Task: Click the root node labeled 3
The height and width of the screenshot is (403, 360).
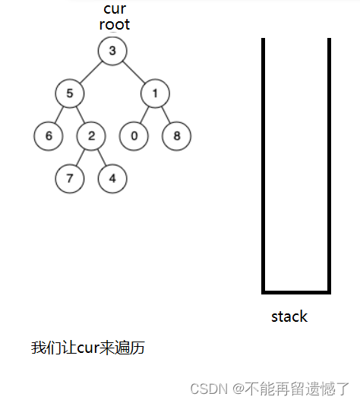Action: click(112, 51)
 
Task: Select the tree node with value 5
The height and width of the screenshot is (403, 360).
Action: click(70, 93)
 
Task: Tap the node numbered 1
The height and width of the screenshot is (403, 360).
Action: click(155, 93)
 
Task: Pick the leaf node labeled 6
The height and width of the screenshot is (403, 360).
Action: click(49, 136)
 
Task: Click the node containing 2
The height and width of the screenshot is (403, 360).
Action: click(91, 136)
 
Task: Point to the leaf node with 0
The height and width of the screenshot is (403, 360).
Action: click(134, 136)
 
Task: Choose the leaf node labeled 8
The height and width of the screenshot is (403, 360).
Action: click(177, 136)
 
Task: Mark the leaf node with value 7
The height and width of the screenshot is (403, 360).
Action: click(70, 178)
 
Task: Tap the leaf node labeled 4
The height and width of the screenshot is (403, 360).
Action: click(112, 178)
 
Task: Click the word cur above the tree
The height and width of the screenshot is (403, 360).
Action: click(115, 9)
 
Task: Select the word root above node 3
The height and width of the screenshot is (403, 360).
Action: click(115, 24)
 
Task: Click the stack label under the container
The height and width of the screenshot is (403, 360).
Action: click(289, 316)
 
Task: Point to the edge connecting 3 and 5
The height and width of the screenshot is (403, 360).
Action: click(91, 72)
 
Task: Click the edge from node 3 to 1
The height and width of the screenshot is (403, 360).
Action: click(134, 72)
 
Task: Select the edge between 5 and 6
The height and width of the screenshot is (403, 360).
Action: click(59, 115)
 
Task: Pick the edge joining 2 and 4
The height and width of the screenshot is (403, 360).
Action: click(102, 157)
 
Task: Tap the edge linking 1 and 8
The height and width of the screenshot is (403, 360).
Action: click(166, 115)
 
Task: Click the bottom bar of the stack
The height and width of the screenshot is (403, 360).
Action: click(296, 292)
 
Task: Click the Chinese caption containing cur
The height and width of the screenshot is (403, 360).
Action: click(88, 348)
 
